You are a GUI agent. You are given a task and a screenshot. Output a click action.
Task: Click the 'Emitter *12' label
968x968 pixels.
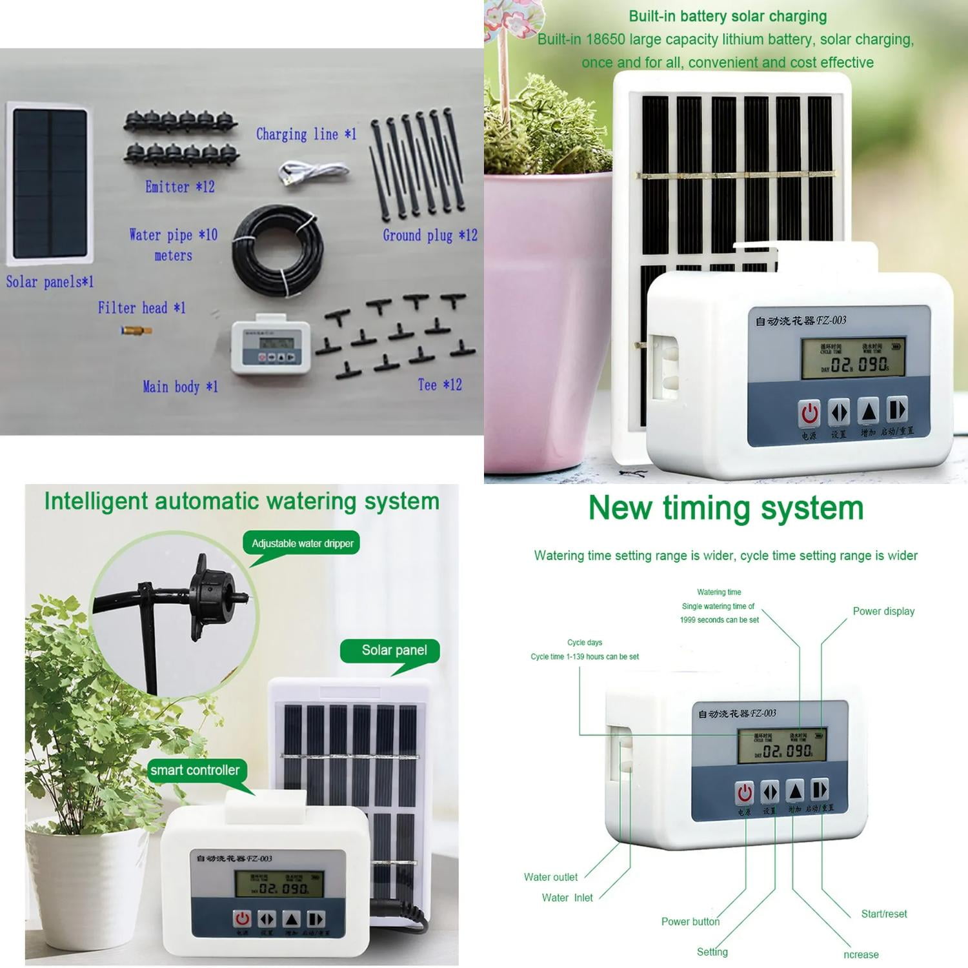pyautogui.click(x=179, y=187)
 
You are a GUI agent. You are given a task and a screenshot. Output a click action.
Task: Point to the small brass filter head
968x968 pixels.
pyautogui.click(x=136, y=330)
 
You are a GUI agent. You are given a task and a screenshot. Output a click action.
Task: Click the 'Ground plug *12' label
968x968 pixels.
pyautogui.click(x=430, y=236)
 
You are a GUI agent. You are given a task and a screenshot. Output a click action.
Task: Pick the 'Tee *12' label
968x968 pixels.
pyautogui.click(x=439, y=385)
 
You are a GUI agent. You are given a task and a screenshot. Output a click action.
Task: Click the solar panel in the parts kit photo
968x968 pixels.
pyautogui.click(x=50, y=184)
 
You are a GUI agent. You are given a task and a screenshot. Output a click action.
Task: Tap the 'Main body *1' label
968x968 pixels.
pyautogui.click(x=180, y=387)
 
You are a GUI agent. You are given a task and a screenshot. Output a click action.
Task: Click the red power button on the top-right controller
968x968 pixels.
pyautogui.click(x=809, y=414)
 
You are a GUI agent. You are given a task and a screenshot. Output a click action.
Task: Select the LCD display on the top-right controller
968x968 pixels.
pyautogui.click(x=852, y=358)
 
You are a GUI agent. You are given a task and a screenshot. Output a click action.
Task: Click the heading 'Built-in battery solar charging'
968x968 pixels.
pyautogui.click(x=727, y=16)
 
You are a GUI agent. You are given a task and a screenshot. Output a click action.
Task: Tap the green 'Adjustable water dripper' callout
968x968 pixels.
pyautogui.click(x=302, y=543)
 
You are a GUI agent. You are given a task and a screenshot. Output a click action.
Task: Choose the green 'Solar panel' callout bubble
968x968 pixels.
pyautogui.click(x=394, y=650)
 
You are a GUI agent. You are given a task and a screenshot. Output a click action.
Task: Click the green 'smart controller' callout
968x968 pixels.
pyautogui.click(x=194, y=771)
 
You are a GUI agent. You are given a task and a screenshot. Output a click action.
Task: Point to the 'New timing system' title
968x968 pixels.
pyautogui.click(x=726, y=508)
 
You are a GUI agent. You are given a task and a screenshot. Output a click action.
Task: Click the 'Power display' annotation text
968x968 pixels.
pyautogui.click(x=883, y=611)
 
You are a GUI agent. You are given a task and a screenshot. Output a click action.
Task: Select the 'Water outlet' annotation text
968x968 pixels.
pyautogui.click(x=550, y=877)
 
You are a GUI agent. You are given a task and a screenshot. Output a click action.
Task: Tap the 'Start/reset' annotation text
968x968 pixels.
pyautogui.click(x=883, y=914)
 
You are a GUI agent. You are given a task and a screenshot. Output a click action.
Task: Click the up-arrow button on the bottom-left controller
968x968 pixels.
pyautogui.click(x=292, y=919)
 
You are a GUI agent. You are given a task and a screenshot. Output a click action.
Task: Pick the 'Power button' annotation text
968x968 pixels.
pyautogui.click(x=690, y=922)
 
